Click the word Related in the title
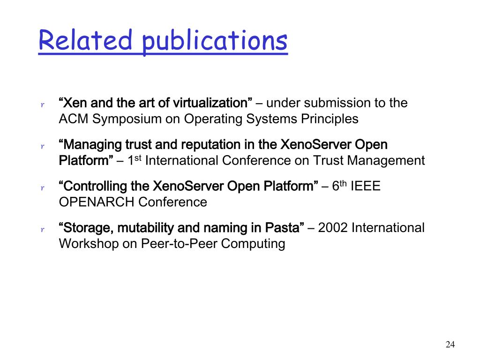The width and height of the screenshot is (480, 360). (85, 40)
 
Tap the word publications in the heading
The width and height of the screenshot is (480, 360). (215, 42)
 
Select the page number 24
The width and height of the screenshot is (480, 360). (450, 345)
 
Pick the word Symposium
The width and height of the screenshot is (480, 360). (127, 120)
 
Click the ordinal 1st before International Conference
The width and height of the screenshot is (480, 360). (134, 160)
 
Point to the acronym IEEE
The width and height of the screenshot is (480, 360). (366, 186)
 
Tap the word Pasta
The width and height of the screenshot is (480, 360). (285, 228)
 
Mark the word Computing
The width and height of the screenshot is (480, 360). (253, 244)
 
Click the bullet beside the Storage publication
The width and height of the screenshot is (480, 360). (43, 229)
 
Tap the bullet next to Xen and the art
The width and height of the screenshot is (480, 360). (43, 105)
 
